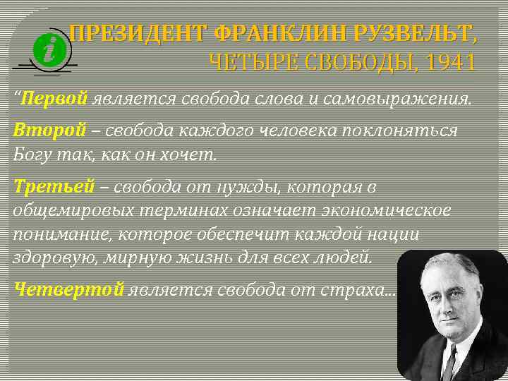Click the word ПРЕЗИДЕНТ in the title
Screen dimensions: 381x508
pos(139,32)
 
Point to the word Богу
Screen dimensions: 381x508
pos(32,152)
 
